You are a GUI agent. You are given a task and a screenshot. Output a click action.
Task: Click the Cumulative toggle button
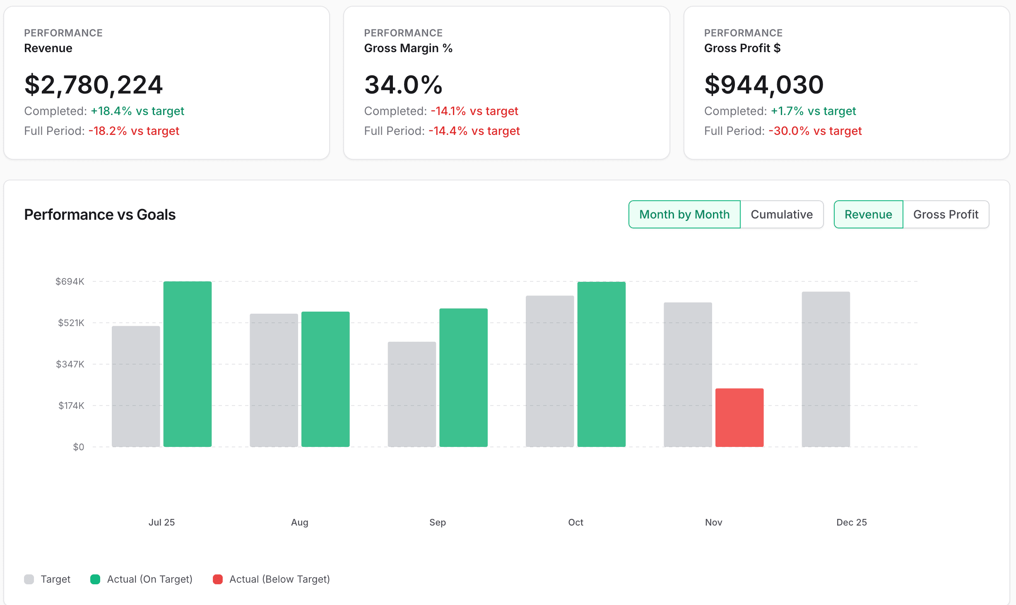pos(781,214)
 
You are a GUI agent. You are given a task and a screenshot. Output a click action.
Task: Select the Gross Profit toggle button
pos(946,214)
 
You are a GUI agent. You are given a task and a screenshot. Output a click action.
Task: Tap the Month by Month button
pos(684,214)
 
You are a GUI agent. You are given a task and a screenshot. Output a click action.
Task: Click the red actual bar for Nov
pos(739,417)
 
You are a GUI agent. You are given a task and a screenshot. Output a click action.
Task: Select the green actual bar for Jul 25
pos(187,364)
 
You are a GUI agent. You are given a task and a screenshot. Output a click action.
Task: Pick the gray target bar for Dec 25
pos(826,369)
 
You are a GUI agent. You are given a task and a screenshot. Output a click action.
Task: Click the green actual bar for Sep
pos(463,377)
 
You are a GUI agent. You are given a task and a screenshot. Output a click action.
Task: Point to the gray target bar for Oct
pos(550,371)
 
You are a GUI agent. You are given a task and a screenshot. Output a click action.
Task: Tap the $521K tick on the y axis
pos(71,323)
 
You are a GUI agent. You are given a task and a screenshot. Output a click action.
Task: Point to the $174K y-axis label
pos(71,406)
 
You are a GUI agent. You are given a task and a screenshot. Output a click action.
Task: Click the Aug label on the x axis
pos(299,522)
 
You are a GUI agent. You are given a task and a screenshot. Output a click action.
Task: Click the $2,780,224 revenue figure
pos(94,85)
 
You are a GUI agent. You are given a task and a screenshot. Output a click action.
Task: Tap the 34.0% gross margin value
pos(403,85)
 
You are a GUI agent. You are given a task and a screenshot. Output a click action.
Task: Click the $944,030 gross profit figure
pos(764,85)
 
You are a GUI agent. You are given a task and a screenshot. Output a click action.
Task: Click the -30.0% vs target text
pos(815,131)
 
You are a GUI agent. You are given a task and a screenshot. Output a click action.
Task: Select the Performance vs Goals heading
pos(100,214)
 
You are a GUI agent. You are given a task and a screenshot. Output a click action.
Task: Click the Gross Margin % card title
pos(408,48)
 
